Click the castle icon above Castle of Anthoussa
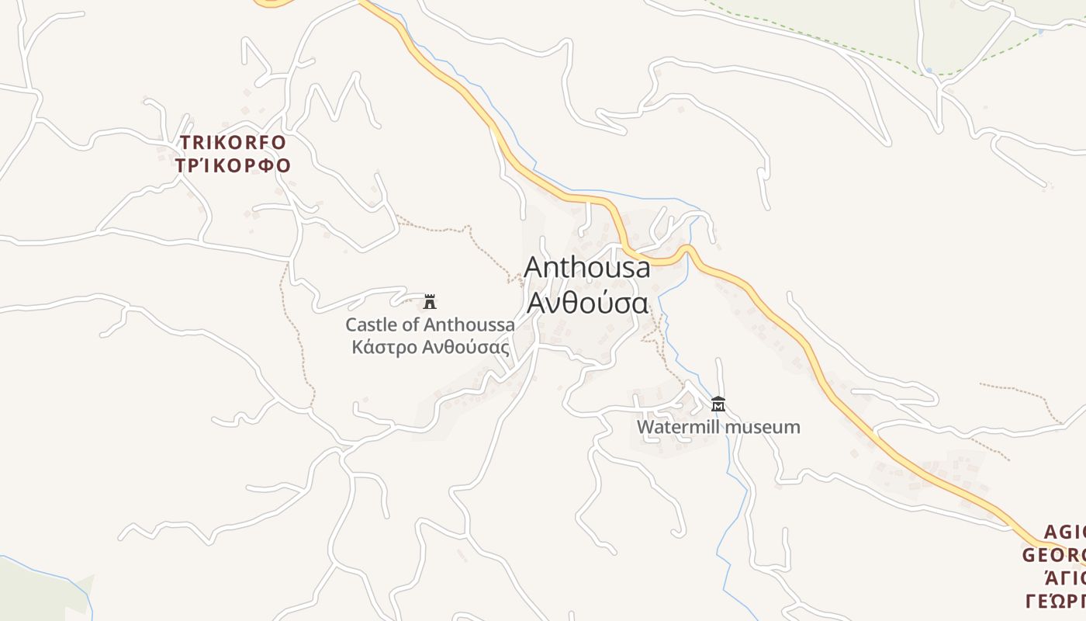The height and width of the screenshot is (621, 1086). pos(430,302)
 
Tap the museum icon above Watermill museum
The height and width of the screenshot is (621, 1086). pos(718,404)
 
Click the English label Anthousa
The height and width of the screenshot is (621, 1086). pos(587,267)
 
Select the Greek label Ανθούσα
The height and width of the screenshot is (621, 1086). pos(587,303)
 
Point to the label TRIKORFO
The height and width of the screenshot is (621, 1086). pos(233,143)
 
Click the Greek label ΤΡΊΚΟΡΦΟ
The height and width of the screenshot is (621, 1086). pos(233,165)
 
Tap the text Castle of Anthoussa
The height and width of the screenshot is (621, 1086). pos(430,324)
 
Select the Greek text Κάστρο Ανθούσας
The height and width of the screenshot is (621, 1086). pos(431,346)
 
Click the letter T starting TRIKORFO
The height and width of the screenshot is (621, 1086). pos(186,143)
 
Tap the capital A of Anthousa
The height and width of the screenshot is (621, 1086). pos(534,267)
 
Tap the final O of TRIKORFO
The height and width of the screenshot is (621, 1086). pos(279,143)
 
